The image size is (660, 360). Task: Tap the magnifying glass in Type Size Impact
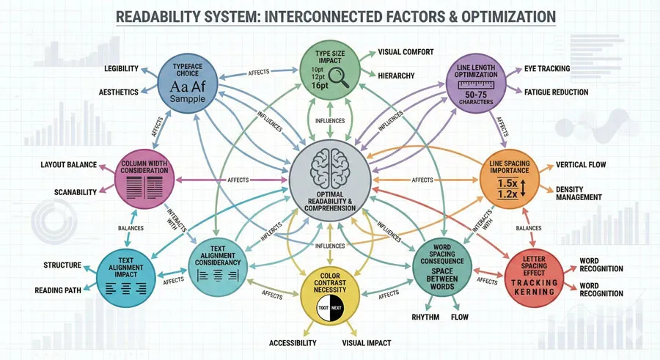(x=340, y=80)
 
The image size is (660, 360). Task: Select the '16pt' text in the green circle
(x=320, y=86)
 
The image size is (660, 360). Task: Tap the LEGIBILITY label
(x=121, y=69)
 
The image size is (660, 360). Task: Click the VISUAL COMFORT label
(x=406, y=53)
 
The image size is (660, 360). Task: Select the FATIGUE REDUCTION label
(x=556, y=92)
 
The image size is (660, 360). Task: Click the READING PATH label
(x=58, y=290)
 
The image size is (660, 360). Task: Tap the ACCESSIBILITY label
(x=293, y=343)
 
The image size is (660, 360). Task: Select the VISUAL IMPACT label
(x=366, y=343)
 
